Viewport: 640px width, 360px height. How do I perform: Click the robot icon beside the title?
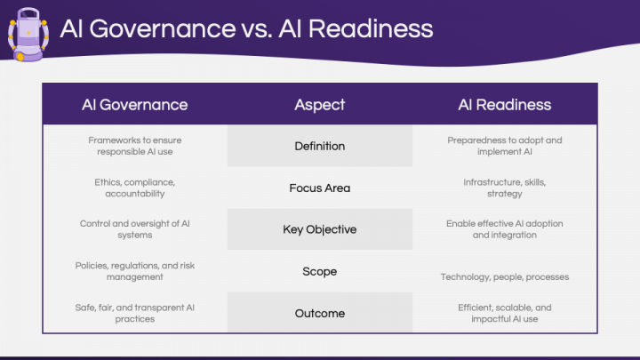pyautogui.click(x=28, y=33)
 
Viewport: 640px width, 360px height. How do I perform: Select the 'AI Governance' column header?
pyautogui.click(x=135, y=105)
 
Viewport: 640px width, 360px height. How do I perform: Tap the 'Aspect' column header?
pyautogui.click(x=319, y=105)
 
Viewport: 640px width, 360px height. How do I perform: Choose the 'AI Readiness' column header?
pyautogui.click(x=504, y=105)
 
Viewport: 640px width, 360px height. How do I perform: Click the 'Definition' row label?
pyautogui.click(x=319, y=146)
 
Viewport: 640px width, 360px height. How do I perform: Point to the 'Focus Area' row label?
pyautogui.click(x=319, y=188)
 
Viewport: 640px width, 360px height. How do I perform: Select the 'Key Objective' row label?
pyautogui.click(x=319, y=229)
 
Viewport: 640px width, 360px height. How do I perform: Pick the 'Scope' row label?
pyautogui.click(x=319, y=271)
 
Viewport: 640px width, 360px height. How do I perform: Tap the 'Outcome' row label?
pyautogui.click(x=319, y=313)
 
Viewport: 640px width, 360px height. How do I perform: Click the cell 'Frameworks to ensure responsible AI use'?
pyautogui.click(x=134, y=146)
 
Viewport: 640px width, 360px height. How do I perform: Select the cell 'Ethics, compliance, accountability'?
pyautogui.click(x=134, y=188)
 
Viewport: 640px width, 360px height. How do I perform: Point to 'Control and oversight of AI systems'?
pyautogui.click(x=134, y=229)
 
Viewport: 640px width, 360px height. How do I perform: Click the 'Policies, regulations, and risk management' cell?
pyautogui.click(x=134, y=271)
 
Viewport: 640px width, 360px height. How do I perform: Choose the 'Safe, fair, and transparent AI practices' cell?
pyautogui.click(x=134, y=313)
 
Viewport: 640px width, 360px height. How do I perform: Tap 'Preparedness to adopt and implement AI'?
pyautogui.click(x=504, y=146)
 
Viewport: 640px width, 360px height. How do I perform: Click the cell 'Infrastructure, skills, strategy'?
pyautogui.click(x=504, y=188)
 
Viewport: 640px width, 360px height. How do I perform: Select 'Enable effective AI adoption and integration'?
pyautogui.click(x=504, y=229)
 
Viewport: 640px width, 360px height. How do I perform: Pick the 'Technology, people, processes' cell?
pyautogui.click(x=504, y=276)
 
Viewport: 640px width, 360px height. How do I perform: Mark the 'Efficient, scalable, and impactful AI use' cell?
pyautogui.click(x=504, y=313)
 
